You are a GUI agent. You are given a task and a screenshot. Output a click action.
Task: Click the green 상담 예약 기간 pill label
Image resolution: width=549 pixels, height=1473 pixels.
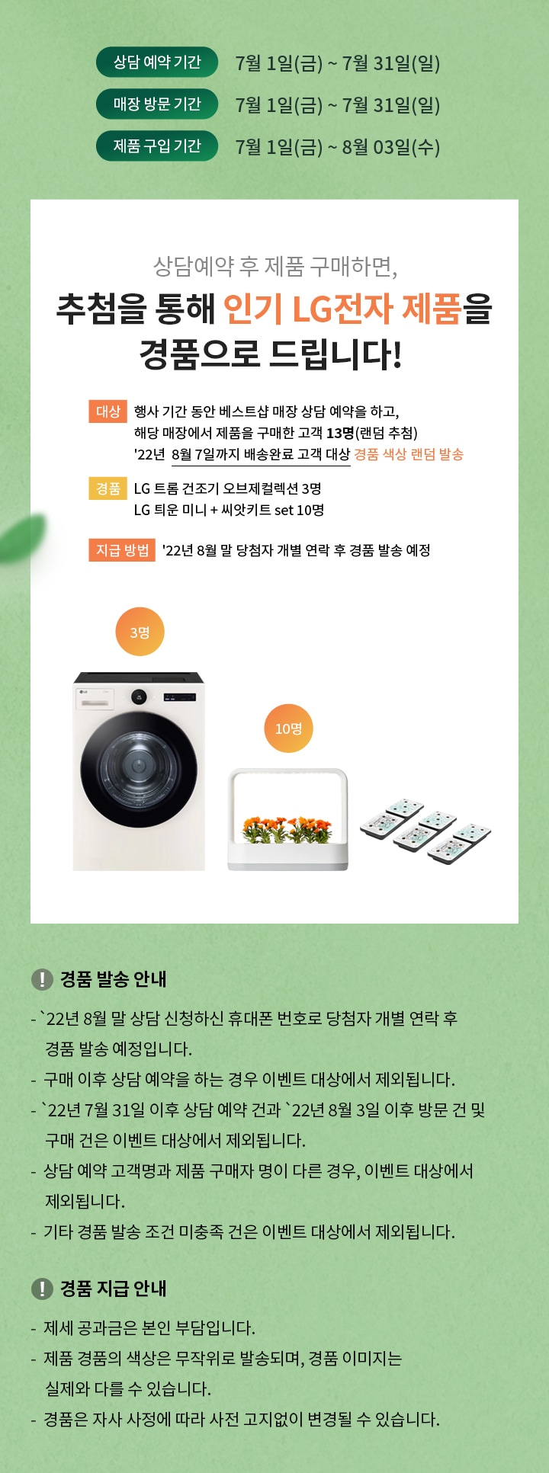(x=156, y=62)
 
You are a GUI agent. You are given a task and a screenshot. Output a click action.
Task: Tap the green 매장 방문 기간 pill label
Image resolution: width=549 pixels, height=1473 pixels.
(x=156, y=104)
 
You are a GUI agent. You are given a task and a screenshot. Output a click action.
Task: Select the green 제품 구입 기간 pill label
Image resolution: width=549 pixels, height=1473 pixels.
(x=156, y=146)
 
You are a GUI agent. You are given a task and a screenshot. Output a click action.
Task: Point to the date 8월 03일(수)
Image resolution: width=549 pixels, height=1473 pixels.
(x=390, y=147)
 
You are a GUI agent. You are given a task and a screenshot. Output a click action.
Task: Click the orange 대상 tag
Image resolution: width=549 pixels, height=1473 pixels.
(x=108, y=411)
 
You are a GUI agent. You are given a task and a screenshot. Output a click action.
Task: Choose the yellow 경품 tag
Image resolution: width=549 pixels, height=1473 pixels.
(x=108, y=488)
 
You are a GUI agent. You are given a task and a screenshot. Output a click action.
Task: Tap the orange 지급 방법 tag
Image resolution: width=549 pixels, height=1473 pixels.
(x=122, y=550)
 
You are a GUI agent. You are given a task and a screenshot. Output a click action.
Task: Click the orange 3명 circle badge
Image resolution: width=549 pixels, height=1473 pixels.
(x=140, y=632)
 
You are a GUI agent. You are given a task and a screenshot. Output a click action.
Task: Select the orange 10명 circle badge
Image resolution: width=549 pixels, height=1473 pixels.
(x=288, y=728)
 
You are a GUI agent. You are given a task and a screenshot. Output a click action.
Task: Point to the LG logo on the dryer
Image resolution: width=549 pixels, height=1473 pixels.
(x=82, y=691)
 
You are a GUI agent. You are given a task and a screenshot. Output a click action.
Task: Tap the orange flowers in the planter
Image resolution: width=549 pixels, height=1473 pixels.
(x=287, y=829)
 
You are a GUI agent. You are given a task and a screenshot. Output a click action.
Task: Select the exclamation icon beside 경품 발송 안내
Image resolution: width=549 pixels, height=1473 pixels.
(x=42, y=979)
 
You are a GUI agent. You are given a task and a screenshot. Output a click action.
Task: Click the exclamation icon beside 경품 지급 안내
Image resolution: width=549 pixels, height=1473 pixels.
(x=42, y=1289)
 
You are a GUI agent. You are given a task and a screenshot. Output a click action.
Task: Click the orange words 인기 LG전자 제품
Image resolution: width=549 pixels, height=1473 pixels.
(x=342, y=309)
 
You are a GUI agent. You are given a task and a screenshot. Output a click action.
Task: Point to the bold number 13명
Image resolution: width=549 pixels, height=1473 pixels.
(x=340, y=433)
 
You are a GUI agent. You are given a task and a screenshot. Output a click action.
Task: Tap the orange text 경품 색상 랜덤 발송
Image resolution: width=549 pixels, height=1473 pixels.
(x=409, y=455)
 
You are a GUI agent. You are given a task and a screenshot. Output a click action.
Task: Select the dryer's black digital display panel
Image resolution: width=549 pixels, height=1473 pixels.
(x=179, y=696)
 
